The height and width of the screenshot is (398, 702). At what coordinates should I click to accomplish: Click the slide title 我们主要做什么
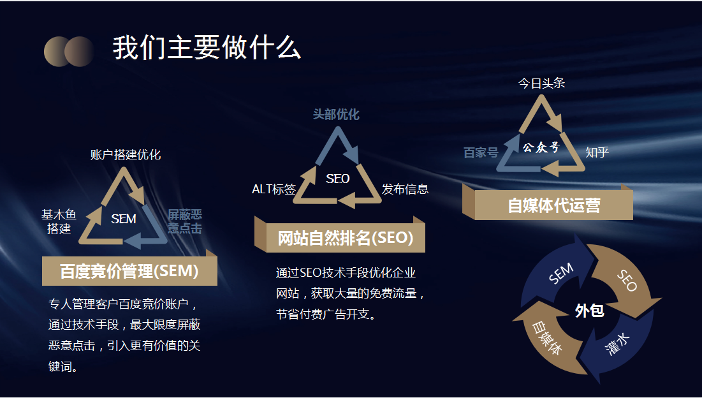coord(207,48)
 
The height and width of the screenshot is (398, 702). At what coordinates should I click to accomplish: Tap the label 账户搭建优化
coord(126,154)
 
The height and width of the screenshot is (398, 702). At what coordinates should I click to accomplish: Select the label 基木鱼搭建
coord(59,221)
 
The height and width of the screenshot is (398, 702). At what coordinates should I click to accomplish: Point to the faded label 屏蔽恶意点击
coord(185,221)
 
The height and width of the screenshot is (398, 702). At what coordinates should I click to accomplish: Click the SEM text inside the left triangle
coord(124,219)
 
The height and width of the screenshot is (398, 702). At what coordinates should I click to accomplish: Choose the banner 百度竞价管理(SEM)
coord(129,271)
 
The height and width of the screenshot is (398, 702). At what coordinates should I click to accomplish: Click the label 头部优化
coord(336,114)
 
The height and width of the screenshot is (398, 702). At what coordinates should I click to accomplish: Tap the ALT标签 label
coord(274,189)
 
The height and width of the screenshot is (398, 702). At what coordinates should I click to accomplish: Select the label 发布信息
coord(405,189)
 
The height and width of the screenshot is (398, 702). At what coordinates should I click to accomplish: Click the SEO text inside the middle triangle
coord(337,179)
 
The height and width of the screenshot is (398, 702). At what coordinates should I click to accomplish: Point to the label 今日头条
coord(541,83)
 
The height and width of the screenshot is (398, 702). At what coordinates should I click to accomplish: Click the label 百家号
coord(481,152)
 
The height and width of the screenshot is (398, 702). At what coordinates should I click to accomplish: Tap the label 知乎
coord(597,152)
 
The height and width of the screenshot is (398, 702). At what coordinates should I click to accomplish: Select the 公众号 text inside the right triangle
coord(541,148)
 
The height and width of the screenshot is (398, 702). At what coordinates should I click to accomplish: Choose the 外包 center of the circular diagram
coord(589,311)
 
